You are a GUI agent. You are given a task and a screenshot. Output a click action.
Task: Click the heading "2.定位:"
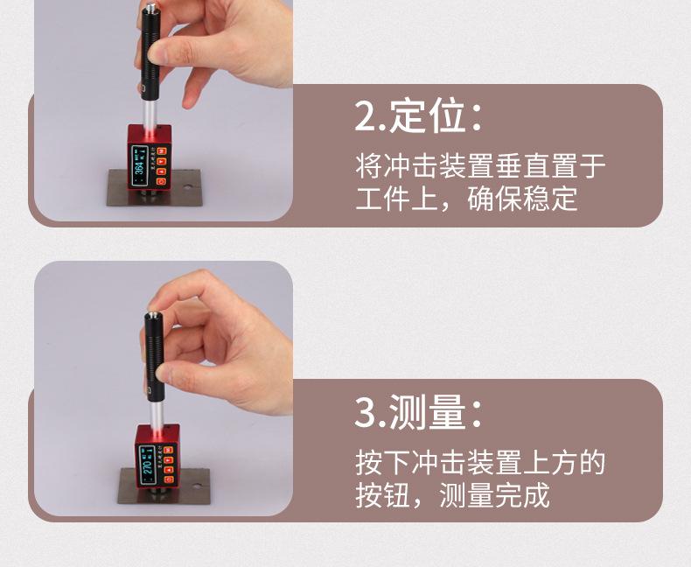(419, 116)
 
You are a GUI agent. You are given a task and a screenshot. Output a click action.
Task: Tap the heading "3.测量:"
(419, 411)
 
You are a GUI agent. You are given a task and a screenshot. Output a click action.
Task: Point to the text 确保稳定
(523, 198)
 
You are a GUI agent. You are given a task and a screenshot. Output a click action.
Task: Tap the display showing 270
(148, 459)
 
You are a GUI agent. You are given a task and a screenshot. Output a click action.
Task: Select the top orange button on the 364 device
(163, 150)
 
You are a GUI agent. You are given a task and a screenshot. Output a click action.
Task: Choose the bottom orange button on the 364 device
(163, 182)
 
